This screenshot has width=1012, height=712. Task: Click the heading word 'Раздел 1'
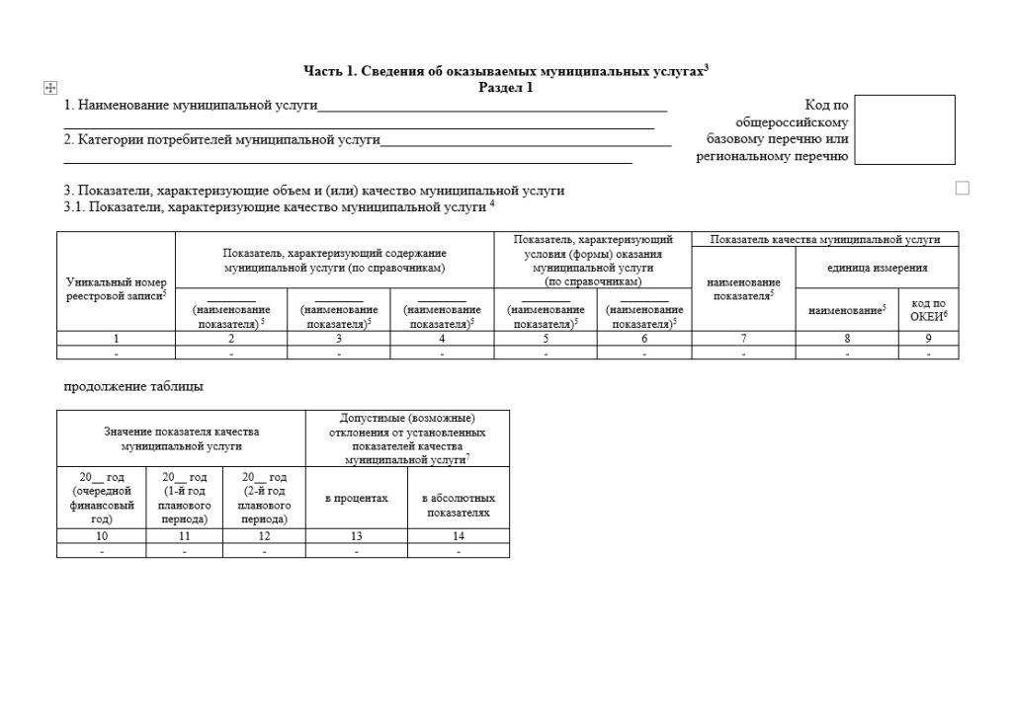[505, 87]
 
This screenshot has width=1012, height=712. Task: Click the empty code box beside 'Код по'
[904, 129]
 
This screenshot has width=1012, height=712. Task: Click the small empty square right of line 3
[962, 188]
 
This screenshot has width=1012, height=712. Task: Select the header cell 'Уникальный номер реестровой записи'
[116, 287]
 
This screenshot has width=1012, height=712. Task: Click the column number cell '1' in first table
[116, 338]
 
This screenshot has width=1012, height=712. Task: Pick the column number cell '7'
[744, 338]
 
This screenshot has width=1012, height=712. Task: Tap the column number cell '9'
[928, 338]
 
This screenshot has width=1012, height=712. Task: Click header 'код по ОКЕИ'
[928, 309]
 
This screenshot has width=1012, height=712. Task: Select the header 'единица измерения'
[877, 268]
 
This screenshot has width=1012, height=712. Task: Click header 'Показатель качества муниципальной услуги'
[824, 239]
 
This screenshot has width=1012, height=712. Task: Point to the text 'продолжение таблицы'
[133, 386]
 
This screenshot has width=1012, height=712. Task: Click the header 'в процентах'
[357, 499]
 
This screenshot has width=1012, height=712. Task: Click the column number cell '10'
[102, 535]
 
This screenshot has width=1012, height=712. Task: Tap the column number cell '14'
[459, 535]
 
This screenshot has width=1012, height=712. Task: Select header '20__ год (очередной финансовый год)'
[102, 498]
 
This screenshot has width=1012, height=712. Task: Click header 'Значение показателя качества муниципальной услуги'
[181, 438]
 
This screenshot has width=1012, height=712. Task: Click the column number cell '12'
[264, 535]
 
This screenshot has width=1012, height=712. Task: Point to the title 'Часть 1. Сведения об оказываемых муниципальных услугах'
[505, 71]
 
